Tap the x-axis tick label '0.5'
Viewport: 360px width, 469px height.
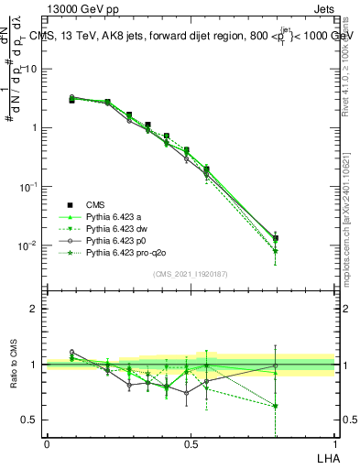[191, 443]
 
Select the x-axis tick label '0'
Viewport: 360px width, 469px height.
[47, 443]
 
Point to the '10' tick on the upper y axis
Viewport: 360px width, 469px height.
[33, 69]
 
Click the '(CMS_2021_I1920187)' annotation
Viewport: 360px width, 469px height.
[191, 275]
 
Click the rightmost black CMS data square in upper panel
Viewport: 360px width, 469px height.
[276, 238]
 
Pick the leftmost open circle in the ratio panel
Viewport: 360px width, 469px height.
[72, 352]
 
